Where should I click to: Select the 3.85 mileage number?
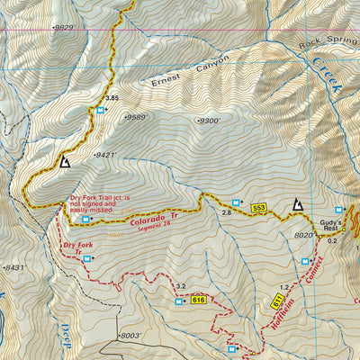(x=112, y=97)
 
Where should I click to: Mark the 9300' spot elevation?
(x=208, y=119)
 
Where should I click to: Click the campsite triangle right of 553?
(x=296, y=206)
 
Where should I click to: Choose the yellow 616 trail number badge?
(x=199, y=301)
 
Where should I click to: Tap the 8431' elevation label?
(x=14, y=267)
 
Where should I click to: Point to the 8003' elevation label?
(x=132, y=335)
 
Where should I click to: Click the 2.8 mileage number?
(x=228, y=212)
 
